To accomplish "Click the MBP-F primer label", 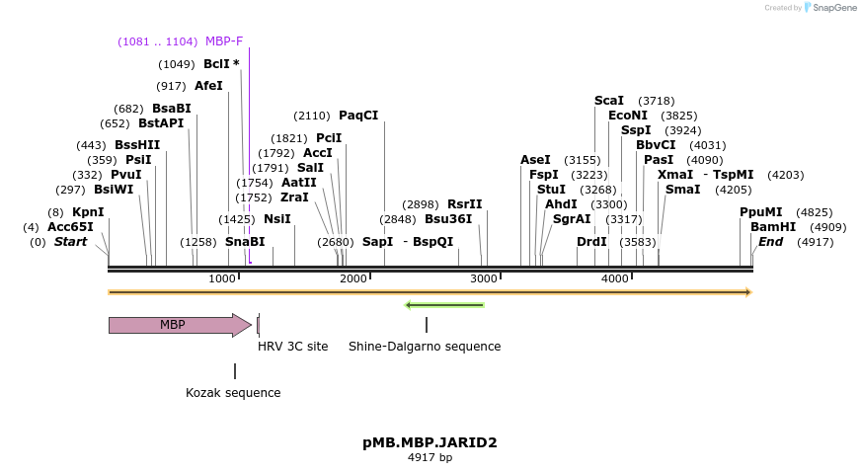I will (x=224, y=41).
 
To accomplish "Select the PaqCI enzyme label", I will (x=358, y=116).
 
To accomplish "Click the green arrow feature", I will (x=444, y=305).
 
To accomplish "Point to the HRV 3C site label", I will (x=292, y=347).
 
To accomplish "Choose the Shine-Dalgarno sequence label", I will (x=425, y=347).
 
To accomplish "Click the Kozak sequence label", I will (x=233, y=393).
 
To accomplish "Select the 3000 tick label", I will (x=484, y=279).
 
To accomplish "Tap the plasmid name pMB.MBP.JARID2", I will (x=430, y=442).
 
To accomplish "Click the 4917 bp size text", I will (x=430, y=458).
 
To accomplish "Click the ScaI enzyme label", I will (x=609, y=101).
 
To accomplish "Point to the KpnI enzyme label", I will (x=88, y=212).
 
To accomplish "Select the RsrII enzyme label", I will (x=465, y=204).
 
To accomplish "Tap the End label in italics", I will (x=770, y=242).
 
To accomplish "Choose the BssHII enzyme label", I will (x=137, y=145).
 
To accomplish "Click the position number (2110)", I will (x=312, y=116).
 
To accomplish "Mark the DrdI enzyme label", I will (x=592, y=242).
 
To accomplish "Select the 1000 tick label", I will (x=223, y=279).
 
